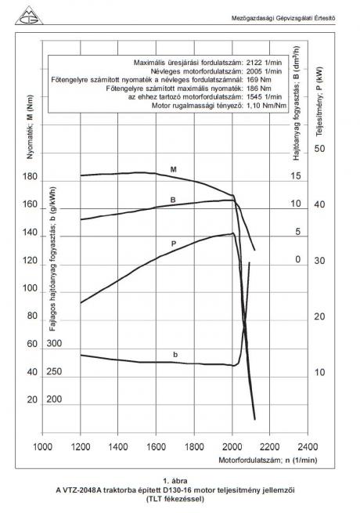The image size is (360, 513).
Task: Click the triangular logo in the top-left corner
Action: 29,16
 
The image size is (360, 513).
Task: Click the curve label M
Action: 173,169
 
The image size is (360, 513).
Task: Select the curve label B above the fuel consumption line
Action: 173,200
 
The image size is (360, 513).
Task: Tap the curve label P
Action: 174,244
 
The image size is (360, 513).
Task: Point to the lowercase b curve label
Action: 175,354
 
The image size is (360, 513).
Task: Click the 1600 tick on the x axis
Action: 156,446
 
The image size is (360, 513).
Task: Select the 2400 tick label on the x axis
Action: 308,446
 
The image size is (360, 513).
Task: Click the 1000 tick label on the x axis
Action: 42,446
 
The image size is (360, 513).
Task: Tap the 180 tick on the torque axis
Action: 30,177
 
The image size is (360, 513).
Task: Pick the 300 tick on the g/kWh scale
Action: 54,343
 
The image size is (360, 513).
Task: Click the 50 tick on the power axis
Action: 320,149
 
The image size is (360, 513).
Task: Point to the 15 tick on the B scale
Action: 296,176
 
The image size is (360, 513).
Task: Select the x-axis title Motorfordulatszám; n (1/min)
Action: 268,460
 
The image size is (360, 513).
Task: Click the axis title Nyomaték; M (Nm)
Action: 30,127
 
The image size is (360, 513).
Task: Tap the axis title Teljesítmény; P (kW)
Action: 319,101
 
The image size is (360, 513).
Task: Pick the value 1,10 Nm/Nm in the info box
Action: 267,106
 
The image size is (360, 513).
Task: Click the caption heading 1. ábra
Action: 175,481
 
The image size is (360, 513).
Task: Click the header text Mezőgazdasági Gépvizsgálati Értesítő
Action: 283,19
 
